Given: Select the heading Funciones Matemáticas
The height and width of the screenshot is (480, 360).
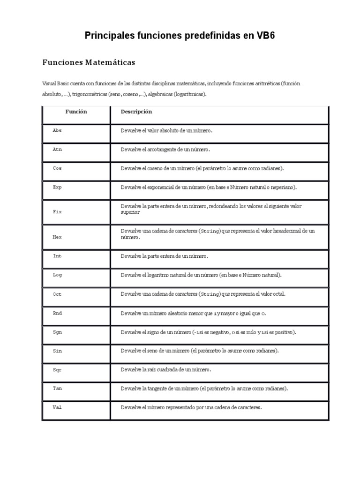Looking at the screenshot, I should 89,62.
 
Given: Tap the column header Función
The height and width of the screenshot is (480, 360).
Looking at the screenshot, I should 76,112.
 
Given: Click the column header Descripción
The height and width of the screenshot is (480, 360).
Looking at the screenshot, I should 136,112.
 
